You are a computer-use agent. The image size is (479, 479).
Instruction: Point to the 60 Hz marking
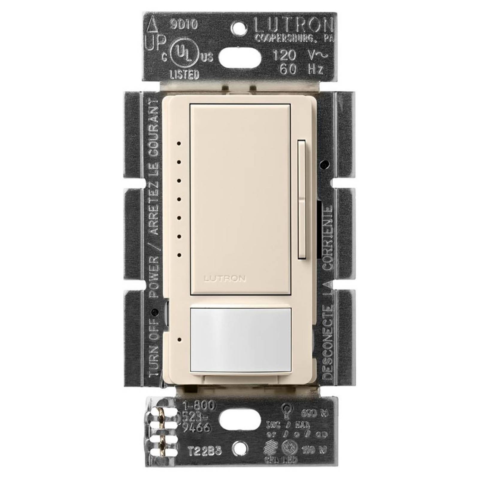tap(301, 69)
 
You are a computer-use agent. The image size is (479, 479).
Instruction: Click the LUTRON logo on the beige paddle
tap(225, 279)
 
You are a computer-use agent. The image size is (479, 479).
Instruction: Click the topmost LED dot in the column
tap(179, 143)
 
